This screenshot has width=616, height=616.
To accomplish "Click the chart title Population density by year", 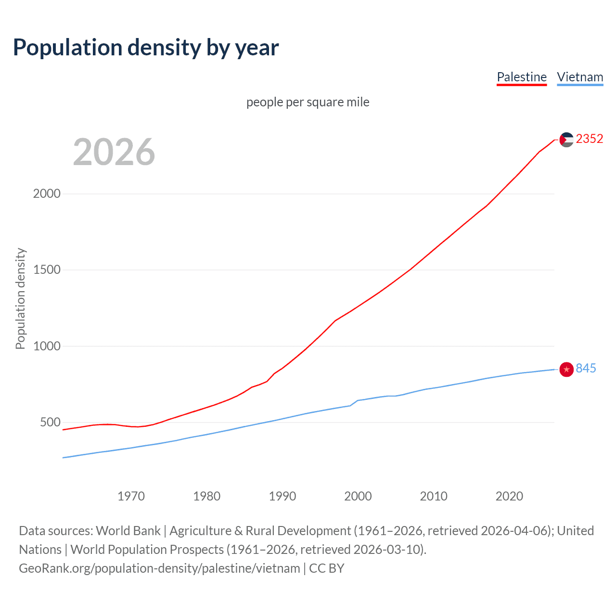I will click(146, 48).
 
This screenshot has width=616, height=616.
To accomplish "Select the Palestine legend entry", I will click(522, 77).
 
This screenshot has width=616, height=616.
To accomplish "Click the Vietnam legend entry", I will click(580, 77).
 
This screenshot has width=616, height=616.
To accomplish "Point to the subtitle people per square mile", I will click(308, 102).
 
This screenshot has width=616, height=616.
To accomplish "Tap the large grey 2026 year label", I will click(114, 152).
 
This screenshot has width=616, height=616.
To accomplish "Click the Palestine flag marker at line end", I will click(566, 140).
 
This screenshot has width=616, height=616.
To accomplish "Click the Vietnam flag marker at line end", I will click(566, 369).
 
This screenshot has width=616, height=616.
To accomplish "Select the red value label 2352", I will click(589, 139).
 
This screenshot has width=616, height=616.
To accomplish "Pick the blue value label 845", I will click(586, 368).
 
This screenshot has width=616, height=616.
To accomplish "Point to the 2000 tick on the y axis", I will click(47, 193).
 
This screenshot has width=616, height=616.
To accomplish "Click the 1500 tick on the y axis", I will click(47, 269).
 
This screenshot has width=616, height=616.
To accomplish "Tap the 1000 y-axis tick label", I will click(47, 346).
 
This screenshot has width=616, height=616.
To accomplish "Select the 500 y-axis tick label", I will click(51, 422).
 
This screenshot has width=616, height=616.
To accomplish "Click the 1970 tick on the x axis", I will click(131, 496).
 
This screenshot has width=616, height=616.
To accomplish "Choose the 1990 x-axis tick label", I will click(282, 496).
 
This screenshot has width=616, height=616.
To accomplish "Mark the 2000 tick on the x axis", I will click(358, 496).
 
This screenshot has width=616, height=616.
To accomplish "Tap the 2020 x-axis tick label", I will click(509, 496).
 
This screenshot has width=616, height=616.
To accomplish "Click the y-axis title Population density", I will click(20, 298).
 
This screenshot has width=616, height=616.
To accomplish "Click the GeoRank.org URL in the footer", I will click(159, 568).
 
